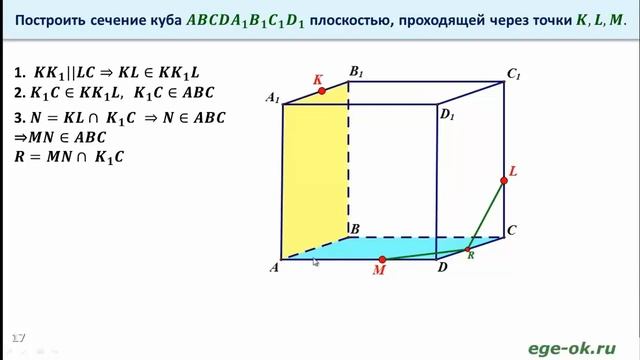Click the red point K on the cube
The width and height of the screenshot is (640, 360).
pyautogui.click(x=322, y=91)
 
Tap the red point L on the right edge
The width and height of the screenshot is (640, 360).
pyautogui.click(x=504, y=180)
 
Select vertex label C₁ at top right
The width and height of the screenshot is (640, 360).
pyautogui.click(x=514, y=73)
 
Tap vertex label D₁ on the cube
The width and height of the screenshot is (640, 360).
pyautogui.click(x=447, y=116)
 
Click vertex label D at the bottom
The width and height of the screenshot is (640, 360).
pyautogui.click(x=441, y=268)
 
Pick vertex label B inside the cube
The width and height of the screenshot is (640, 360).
pyautogui.click(x=354, y=229)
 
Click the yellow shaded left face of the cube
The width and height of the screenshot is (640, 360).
pyautogui.click(x=314, y=170)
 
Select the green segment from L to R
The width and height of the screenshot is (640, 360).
pyautogui.click(x=486, y=212)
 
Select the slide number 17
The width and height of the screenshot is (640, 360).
pyautogui.click(x=17, y=333)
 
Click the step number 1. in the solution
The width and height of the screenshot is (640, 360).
pyautogui.click(x=20, y=73)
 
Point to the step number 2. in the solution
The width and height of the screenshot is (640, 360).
pyautogui.click(x=20, y=93)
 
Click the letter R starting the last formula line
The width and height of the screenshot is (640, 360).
pyautogui.click(x=20, y=157)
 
